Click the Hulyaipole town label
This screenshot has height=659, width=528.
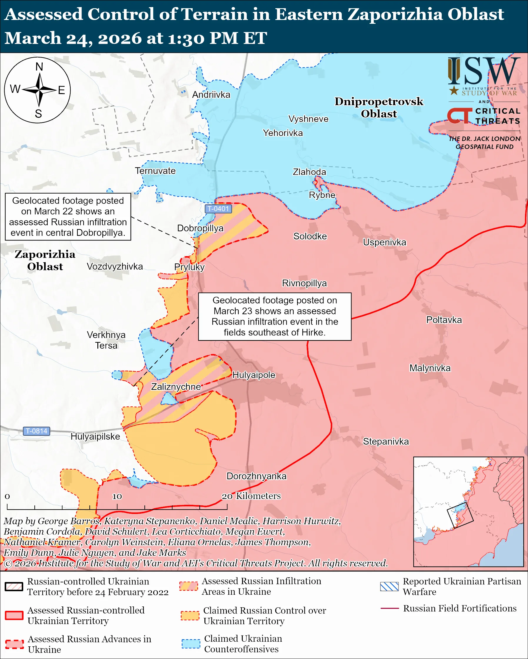[254, 375]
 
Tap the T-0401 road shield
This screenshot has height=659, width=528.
[218, 209]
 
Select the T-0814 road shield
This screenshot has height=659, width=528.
[36, 431]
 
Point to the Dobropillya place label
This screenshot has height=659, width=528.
[200, 228]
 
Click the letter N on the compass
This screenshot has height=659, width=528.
[39, 67]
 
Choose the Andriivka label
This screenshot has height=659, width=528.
[211, 95]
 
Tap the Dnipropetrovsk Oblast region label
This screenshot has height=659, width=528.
[379, 107]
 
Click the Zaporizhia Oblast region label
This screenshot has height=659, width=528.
[45, 260]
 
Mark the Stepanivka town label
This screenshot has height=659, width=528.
[386, 441]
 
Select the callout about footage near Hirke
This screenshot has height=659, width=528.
[274, 316]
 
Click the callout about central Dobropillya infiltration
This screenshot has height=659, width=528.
[68, 216]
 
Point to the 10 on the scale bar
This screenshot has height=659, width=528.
[117, 496]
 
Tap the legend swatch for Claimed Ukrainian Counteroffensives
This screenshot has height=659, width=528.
[191, 644]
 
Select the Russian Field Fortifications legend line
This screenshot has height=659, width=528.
[389, 608]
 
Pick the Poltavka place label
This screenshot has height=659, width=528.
[444, 320]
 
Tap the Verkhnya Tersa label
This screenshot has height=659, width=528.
[106, 340]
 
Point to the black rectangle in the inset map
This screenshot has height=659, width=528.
[460, 515]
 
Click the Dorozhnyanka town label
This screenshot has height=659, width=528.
[256, 476]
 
